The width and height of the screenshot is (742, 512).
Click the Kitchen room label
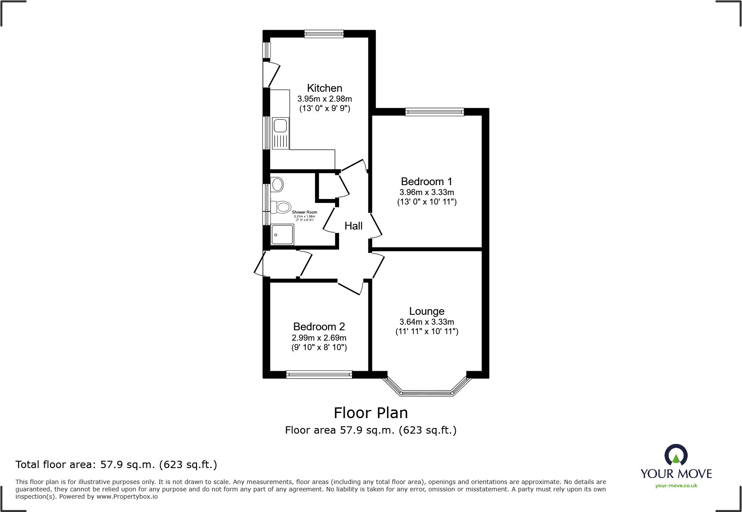[324, 88]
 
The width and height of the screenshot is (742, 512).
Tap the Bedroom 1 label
[426, 182]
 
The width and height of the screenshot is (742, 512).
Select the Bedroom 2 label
[319, 327]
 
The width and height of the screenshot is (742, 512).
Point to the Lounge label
[427, 311]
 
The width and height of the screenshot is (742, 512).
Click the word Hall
[353, 226]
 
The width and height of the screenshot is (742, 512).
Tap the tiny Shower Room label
[304, 212]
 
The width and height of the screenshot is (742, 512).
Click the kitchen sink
[280, 126]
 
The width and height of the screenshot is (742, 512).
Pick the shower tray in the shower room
[282, 235]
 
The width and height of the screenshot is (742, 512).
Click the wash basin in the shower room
[277, 185]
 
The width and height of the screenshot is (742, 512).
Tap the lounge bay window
[426, 392]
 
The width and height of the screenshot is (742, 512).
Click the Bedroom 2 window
[319, 375]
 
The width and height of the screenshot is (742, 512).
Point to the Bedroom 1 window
[434, 112]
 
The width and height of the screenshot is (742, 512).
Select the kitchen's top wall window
[324, 34]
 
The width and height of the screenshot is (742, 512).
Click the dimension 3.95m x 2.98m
[324, 99]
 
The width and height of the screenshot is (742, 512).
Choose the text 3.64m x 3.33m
[427, 322]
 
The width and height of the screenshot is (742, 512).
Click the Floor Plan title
[371, 413]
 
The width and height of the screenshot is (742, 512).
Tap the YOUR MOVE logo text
[676, 474]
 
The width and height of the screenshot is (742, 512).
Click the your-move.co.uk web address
[676, 486]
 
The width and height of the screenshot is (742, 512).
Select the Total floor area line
[116, 465]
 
